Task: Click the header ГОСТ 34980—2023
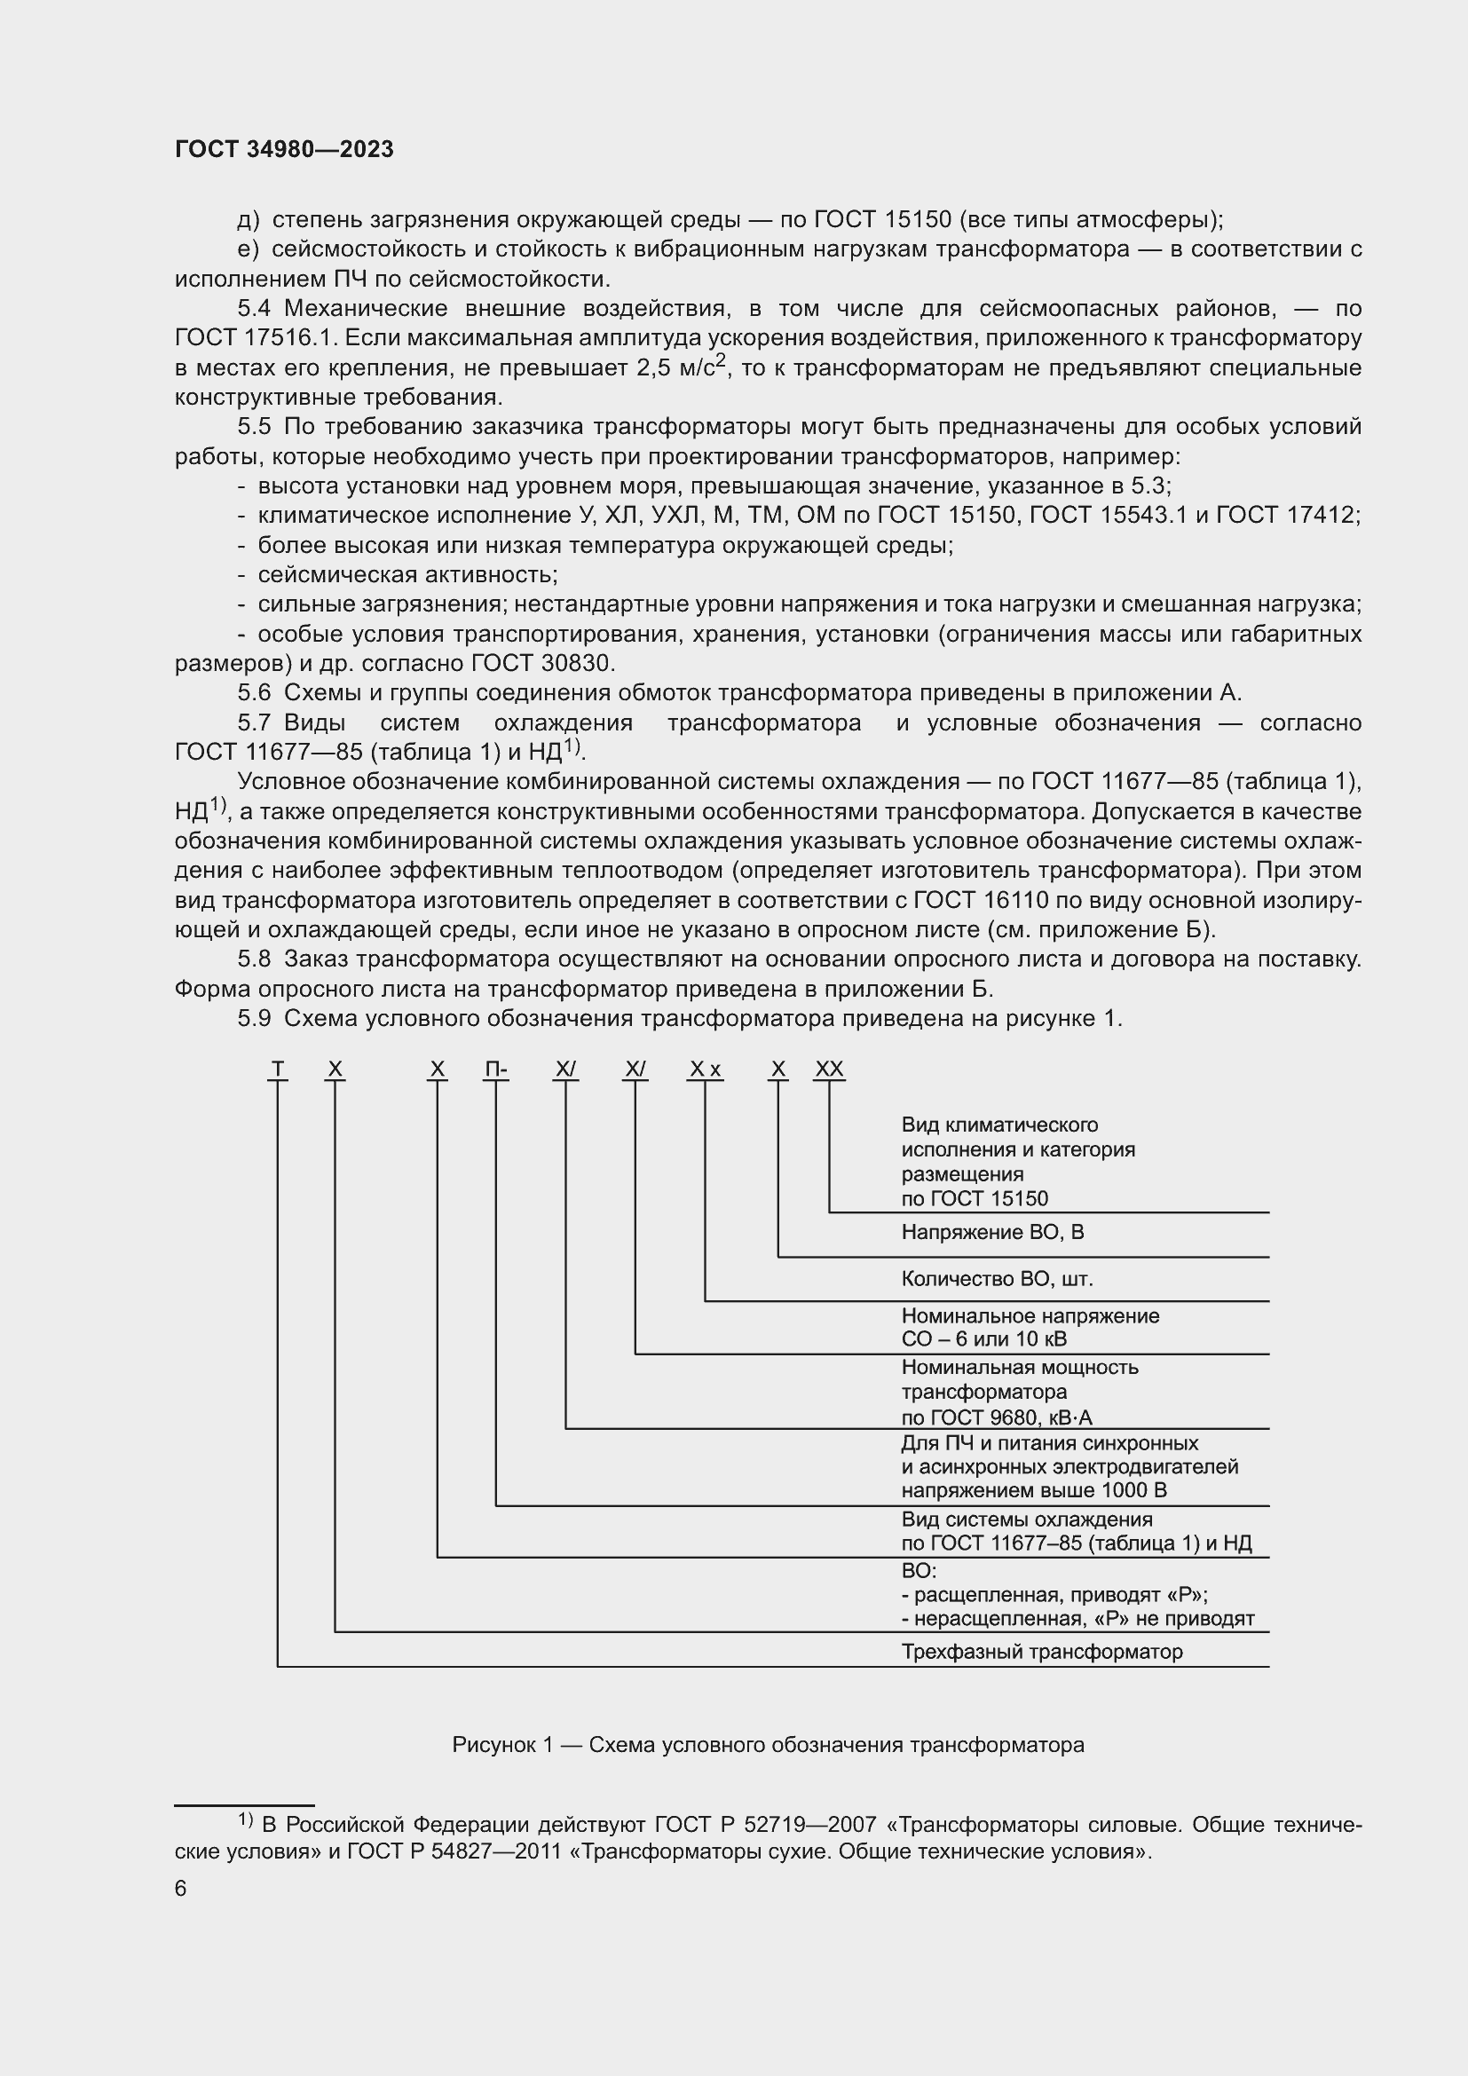[x=284, y=150]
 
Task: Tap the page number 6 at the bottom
[x=181, y=1889]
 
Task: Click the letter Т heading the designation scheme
[x=278, y=1070]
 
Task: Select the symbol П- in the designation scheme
[x=495, y=1070]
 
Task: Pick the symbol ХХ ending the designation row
[x=829, y=1070]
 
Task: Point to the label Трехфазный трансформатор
[x=1041, y=1652]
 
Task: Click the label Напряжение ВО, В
[x=991, y=1233]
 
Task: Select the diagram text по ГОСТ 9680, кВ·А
[x=996, y=1417]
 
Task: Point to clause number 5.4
[x=254, y=309]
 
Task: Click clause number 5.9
[x=254, y=1019]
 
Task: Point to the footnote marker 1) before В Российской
[x=246, y=1819]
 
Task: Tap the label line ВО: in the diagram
[x=919, y=1572]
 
